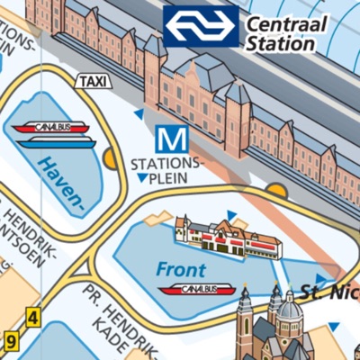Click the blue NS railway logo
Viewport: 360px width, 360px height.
[201, 26]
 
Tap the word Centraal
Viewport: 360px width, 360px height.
[287, 24]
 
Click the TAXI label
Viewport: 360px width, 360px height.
[93, 81]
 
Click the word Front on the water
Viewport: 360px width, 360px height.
[180, 269]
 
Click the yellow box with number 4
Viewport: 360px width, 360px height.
[33, 317]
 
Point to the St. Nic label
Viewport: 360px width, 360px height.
[329, 291]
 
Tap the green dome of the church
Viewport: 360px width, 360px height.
[290, 310]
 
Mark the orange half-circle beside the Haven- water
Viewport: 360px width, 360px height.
[111, 159]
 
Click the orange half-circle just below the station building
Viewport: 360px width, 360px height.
[275, 190]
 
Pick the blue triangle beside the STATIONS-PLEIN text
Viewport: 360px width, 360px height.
[141, 177]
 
